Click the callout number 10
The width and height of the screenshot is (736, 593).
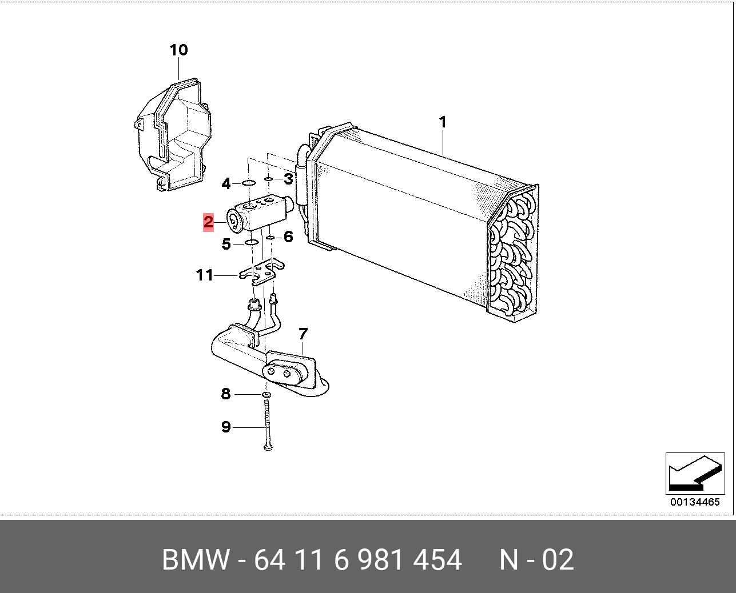[x=178, y=50]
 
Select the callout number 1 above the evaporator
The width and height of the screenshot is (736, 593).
[x=443, y=122]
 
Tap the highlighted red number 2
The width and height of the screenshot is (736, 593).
[x=208, y=222]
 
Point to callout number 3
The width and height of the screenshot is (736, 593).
[x=288, y=179]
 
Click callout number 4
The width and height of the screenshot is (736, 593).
[x=226, y=184]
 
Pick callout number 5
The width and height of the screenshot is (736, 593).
[x=226, y=244]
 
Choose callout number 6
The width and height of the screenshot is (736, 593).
[x=288, y=237]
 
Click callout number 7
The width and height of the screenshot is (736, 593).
[x=303, y=334]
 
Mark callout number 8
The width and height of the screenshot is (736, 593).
[x=226, y=394]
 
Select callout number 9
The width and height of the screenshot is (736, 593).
[x=226, y=427]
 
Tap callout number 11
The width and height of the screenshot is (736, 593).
[x=205, y=275]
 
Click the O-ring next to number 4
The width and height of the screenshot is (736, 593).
[x=249, y=183]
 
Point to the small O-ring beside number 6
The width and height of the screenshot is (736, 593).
[x=270, y=238]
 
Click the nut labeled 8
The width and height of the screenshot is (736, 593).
[x=267, y=395]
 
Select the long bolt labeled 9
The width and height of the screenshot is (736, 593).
[x=267, y=426]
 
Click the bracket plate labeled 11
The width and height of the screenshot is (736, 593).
[x=262, y=273]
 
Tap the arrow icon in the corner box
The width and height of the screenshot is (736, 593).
[x=695, y=474]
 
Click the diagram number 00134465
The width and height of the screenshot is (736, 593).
[x=695, y=502]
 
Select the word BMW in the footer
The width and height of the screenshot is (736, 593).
[x=195, y=559]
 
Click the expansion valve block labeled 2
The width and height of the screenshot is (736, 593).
[x=261, y=215]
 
